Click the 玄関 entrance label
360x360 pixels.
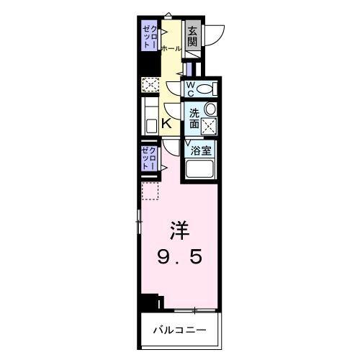(x=192, y=37)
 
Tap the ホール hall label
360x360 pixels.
(x=171, y=49)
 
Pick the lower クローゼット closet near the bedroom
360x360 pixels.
(x=149, y=156)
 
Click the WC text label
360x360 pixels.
(x=191, y=89)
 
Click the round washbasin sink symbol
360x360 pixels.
(x=210, y=109)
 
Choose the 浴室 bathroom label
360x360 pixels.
(x=201, y=151)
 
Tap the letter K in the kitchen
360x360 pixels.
(x=166, y=123)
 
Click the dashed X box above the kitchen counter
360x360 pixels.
(x=150, y=85)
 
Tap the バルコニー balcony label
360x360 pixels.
(x=179, y=330)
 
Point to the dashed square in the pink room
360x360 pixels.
(x=149, y=191)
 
